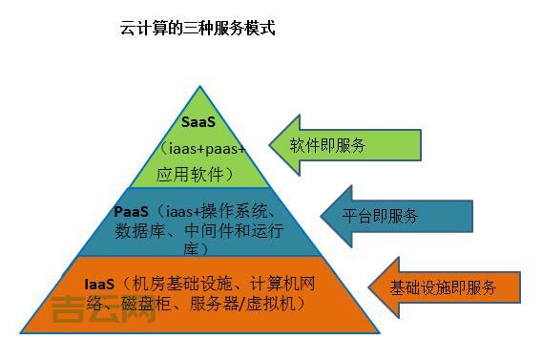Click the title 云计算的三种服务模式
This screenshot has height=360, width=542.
tap(198, 29)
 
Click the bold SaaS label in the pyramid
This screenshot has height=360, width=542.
tap(199, 123)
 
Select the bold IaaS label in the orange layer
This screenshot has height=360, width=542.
tap(99, 284)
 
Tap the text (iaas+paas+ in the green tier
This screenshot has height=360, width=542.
tap(203, 149)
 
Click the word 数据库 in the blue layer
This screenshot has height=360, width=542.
tap(135, 230)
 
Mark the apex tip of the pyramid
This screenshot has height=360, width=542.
tap(200, 88)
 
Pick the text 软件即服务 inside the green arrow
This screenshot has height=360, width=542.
tap(330, 145)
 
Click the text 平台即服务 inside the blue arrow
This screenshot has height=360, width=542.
tap(381, 216)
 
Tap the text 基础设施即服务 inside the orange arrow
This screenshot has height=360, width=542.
tap(443, 287)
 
